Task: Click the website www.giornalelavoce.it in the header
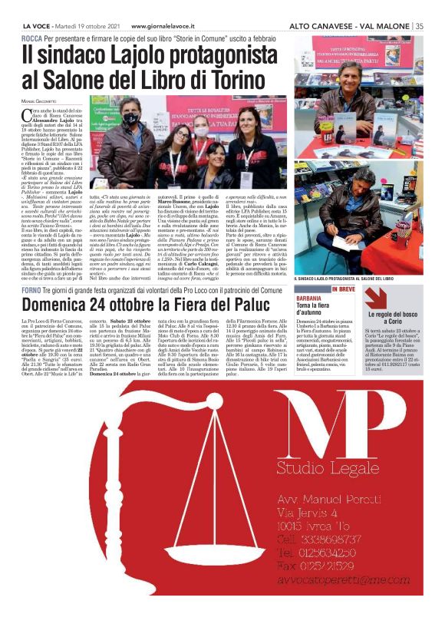coord(153,25)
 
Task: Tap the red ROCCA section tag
coord(31,38)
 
